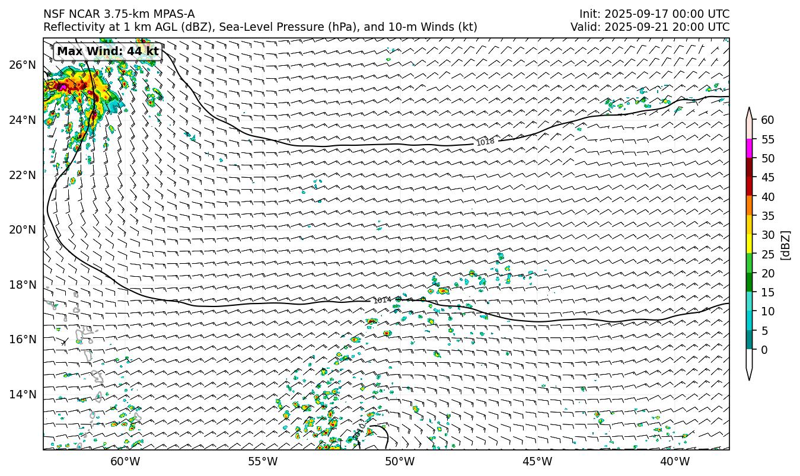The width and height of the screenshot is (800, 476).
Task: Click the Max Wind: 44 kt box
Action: pyautogui.click(x=108, y=52)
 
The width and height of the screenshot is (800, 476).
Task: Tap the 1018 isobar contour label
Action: pyautogui.click(x=485, y=142)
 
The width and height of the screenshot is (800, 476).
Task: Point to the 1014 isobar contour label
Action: pyautogui.click(x=382, y=301)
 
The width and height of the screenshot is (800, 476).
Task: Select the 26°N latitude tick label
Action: pyautogui.click(x=23, y=65)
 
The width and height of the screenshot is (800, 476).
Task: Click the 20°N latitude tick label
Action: pyautogui.click(x=23, y=230)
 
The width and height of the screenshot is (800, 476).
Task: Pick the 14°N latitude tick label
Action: pyautogui.click(x=23, y=395)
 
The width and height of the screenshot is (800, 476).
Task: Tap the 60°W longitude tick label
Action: pyautogui.click(x=125, y=462)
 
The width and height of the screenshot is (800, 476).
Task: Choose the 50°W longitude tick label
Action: pyautogui.click(x=400, y=462)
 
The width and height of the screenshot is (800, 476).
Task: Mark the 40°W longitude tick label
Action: pyautogui.click(x=674, y=462)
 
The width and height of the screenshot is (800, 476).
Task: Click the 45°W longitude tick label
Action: pyautogui.click(x=537, y=462)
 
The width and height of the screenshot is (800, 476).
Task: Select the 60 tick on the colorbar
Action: pyautogui.click(x=767, y=120)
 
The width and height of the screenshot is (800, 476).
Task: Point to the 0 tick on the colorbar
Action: pyautogui.click(x=764, y=350)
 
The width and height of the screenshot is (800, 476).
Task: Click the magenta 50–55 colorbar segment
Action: pyautogui.click(x=750, y=149)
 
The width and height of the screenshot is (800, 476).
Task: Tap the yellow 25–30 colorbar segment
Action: pyautogui.click(x=750, y=244)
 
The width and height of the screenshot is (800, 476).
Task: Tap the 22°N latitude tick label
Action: pyautogui.click(x=23, y=175)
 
